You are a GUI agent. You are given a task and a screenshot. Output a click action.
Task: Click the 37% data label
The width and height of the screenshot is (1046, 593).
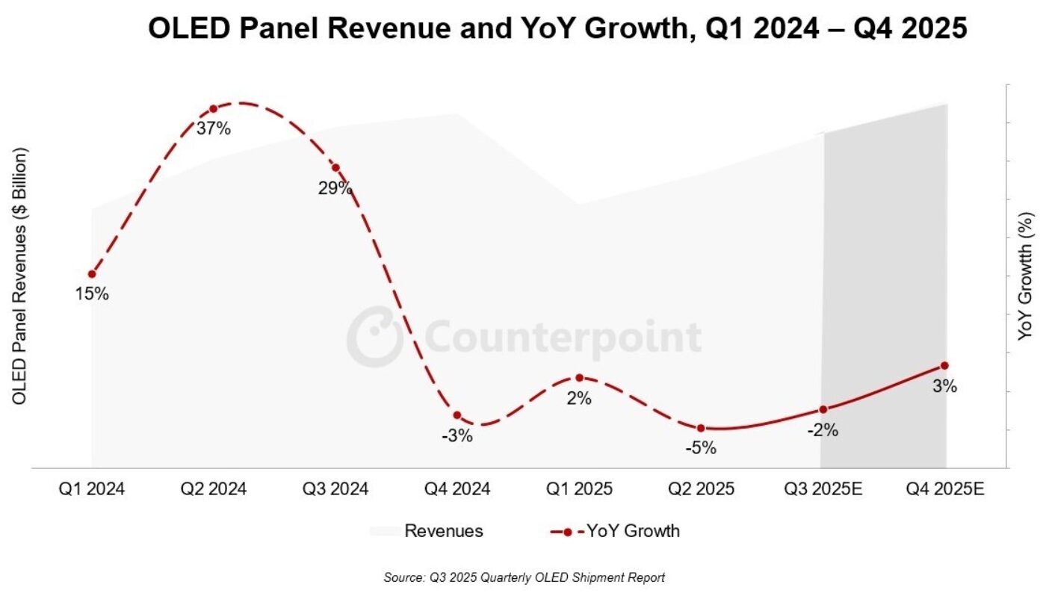click(214, 128)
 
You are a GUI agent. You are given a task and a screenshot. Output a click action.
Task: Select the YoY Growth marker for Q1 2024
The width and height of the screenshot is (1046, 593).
click(92, 274)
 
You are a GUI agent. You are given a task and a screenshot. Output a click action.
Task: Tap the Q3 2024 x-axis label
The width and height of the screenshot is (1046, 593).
click(335, 489)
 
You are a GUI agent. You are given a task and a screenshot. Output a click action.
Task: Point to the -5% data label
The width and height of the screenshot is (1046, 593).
click(701, 448)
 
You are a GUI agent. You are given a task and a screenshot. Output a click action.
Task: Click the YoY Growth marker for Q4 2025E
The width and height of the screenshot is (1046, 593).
click(944, 365)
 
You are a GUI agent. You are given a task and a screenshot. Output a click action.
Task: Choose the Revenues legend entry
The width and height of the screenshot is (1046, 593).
click(426, 531)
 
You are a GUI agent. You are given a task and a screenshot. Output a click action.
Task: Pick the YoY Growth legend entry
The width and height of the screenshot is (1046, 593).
click(615, 531)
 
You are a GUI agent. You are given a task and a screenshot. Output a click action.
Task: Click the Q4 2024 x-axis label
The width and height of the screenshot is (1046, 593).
click(457, 489)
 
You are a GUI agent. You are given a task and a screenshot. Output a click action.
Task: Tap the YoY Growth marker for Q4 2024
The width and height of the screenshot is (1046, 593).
click(457, 415)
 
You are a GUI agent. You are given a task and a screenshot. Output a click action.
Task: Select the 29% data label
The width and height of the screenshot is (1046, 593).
click(335, 188)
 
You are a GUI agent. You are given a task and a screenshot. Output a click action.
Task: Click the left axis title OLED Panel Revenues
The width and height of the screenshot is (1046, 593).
click(19, 276)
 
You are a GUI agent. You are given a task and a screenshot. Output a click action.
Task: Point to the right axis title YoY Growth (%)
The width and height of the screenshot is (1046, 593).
click(1027, 276)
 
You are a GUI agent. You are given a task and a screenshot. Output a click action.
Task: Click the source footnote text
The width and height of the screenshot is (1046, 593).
click(524, 577)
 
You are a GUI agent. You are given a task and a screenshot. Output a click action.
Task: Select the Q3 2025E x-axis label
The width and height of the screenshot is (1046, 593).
click(823, 489)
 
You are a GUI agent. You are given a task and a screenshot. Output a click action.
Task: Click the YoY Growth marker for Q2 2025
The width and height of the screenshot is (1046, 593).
click(701, 428)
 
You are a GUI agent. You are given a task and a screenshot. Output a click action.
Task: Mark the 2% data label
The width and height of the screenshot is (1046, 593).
click(579, 399)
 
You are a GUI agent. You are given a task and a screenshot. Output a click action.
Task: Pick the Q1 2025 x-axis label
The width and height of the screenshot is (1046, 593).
click(579, 489)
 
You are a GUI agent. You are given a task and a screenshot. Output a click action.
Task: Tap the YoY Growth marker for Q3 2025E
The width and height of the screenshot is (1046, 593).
click(823, 409)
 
